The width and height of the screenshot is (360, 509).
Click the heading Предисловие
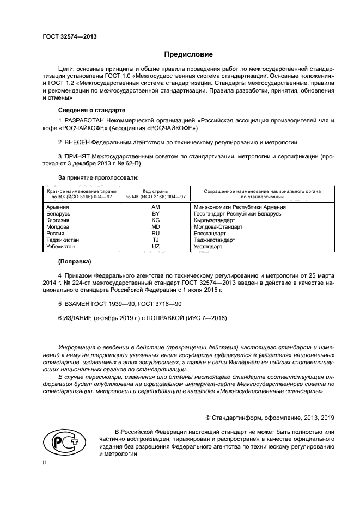pos(189,54)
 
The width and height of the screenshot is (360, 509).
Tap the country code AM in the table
pos(155,207)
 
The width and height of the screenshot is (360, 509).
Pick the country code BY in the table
pos(155,214)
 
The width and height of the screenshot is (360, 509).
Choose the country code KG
pos(155,220)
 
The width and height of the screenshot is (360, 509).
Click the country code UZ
pos(155,247)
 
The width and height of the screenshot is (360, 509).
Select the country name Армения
pos(58,207)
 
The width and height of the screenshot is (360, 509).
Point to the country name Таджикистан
pos(63,240)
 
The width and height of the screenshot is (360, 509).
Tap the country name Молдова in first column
pos(58,227)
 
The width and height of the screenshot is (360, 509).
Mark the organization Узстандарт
pos(208,247)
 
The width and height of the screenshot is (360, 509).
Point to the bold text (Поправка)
pos(75,262)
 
